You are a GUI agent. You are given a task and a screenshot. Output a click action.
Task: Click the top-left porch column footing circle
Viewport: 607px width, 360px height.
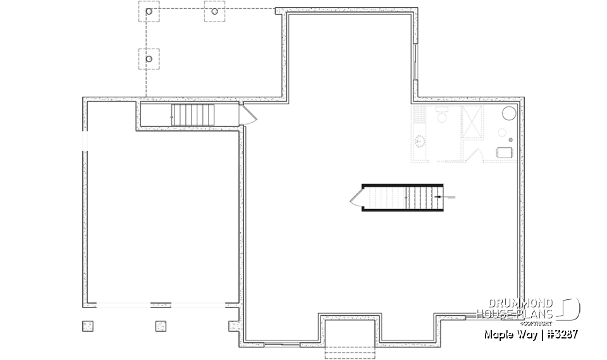(149, 11)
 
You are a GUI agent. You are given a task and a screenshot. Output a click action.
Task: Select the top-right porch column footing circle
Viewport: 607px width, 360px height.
(214, 11)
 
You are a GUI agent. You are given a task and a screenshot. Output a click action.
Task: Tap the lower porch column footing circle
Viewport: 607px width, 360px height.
(149, 59)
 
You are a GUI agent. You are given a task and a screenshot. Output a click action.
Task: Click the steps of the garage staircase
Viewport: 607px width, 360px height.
(193, 115)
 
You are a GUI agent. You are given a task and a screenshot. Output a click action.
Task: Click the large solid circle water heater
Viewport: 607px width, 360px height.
(509, 114)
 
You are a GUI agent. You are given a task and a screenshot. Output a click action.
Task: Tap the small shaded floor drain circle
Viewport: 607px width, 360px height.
(503, 133)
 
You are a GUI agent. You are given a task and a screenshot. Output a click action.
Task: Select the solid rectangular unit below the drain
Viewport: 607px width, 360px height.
(505, 152)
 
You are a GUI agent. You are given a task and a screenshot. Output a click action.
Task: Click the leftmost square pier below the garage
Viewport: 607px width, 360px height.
(87, 325)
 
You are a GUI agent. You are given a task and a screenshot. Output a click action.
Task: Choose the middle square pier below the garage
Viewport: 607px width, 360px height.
(161, 325)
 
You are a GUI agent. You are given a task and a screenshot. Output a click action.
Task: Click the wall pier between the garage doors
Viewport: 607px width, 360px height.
(161, 304)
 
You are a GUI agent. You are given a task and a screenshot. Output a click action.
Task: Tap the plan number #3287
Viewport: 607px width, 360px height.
(560, 333)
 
